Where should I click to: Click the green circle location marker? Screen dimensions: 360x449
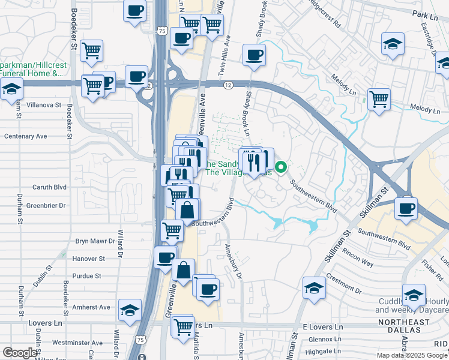pos(280,167)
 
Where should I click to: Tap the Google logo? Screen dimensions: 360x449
pos(20,353)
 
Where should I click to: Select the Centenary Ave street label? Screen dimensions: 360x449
pos(25,136)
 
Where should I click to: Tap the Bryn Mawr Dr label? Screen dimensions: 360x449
pos(95,241)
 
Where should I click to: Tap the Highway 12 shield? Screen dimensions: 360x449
pos(228,86)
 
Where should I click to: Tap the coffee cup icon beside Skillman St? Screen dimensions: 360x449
pos(406,208)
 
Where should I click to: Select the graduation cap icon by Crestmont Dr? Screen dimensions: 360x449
pos(314,287)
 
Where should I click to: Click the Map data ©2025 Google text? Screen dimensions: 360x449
pos(412,355)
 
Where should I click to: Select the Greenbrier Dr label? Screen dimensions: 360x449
pos(46,205)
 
